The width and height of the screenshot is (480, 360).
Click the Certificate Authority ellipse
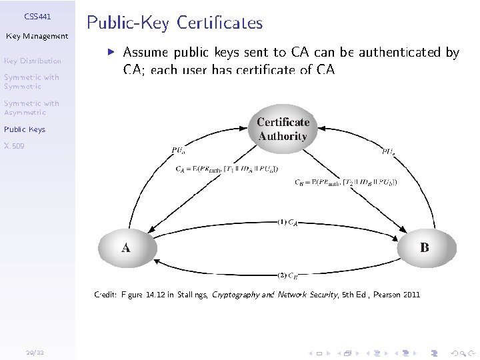(x=283, y=129)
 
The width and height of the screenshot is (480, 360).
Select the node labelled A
(x=126, y=248)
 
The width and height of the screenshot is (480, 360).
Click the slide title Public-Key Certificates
(x=175, y=23)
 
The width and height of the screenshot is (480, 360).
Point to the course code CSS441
(x=37, y=15)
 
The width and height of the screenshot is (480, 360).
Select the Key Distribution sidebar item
(x=32, y=61)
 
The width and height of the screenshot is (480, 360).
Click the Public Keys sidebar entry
(x=25, y=129)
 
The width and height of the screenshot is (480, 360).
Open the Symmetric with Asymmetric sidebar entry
(x=31, y=107)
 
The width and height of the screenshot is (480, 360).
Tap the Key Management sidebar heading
(x=37, y=36)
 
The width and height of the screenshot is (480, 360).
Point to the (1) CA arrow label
(x=287, y=223)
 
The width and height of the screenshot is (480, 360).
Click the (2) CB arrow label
(x=287, y=274)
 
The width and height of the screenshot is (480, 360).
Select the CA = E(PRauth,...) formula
(x=227, y=169)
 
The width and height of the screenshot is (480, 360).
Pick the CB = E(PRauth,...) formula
(x=345, y=182)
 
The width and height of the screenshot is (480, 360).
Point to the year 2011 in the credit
(x=411, y=294)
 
